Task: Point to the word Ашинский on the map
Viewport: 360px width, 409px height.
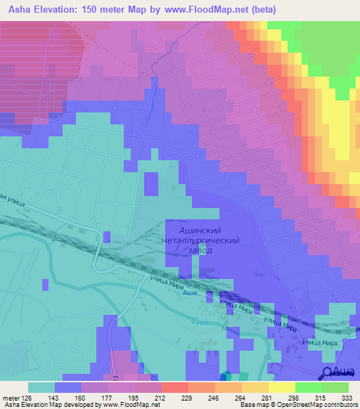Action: click(202, 230)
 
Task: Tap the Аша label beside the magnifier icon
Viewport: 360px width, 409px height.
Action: click(342, 372)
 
